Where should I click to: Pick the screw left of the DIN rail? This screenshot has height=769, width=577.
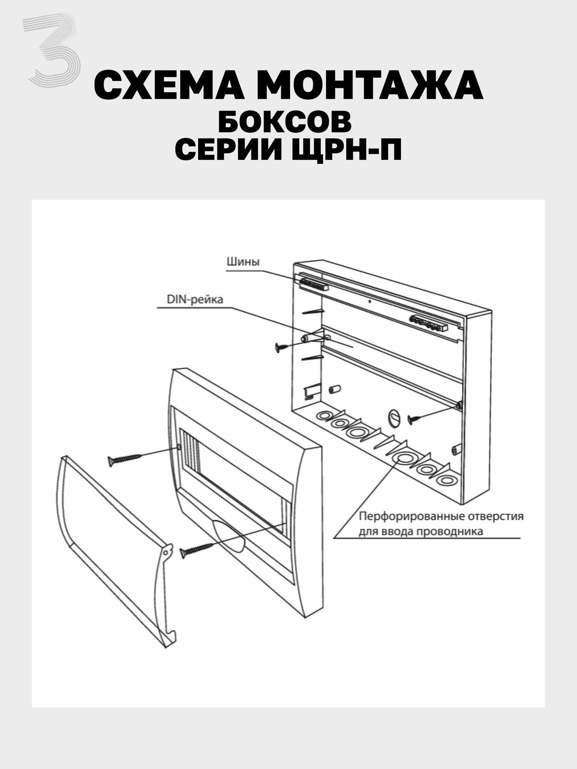286,347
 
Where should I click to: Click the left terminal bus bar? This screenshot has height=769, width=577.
314,284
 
